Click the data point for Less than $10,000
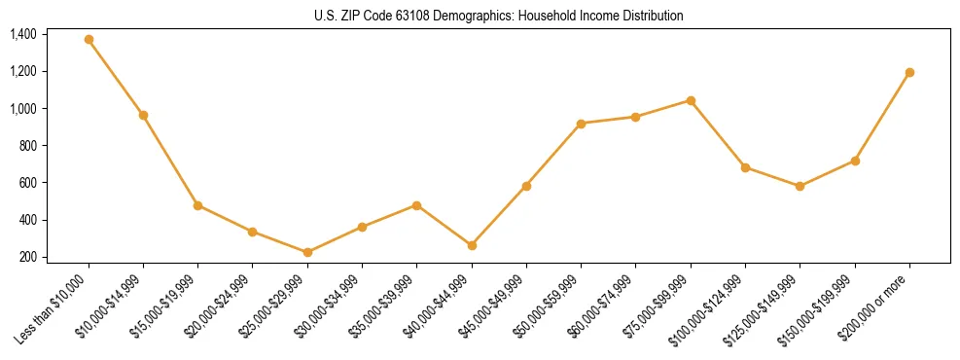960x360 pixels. coord(89,40)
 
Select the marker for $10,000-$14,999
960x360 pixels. coord(143,115)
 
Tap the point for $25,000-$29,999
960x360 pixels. coord(307,252)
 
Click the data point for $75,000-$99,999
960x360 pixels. coord(691,100)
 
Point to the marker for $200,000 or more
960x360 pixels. coord(909,72)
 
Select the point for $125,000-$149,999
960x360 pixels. coord(800,186)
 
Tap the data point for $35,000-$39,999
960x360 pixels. coord(416,205)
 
